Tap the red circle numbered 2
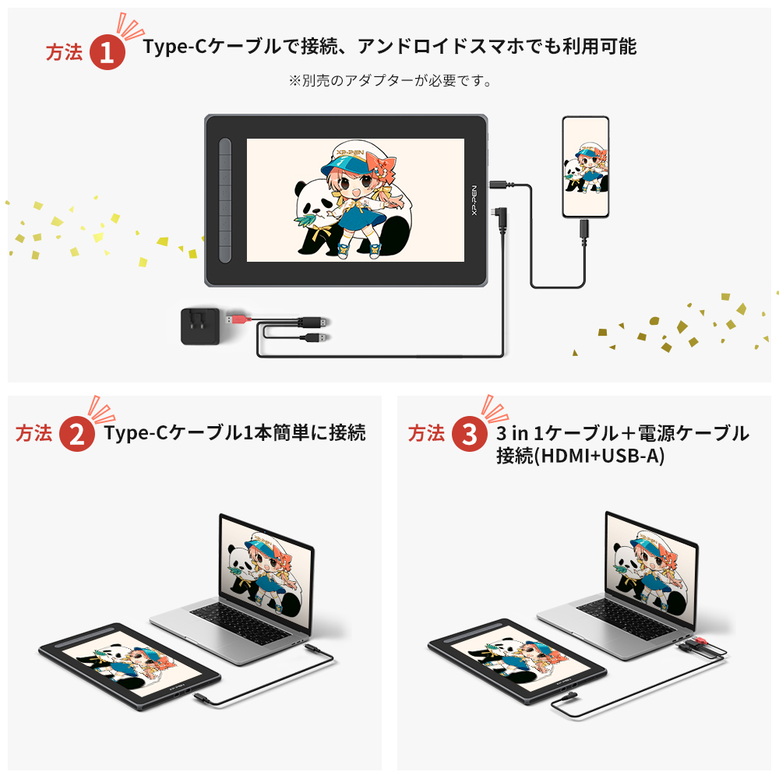click(77, 435)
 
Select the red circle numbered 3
click(470, 435)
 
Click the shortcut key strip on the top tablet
click(225, 200)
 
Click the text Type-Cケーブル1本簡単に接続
click(234, 433)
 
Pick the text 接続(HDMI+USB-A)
click(580, 456)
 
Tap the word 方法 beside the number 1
click(64, 52)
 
